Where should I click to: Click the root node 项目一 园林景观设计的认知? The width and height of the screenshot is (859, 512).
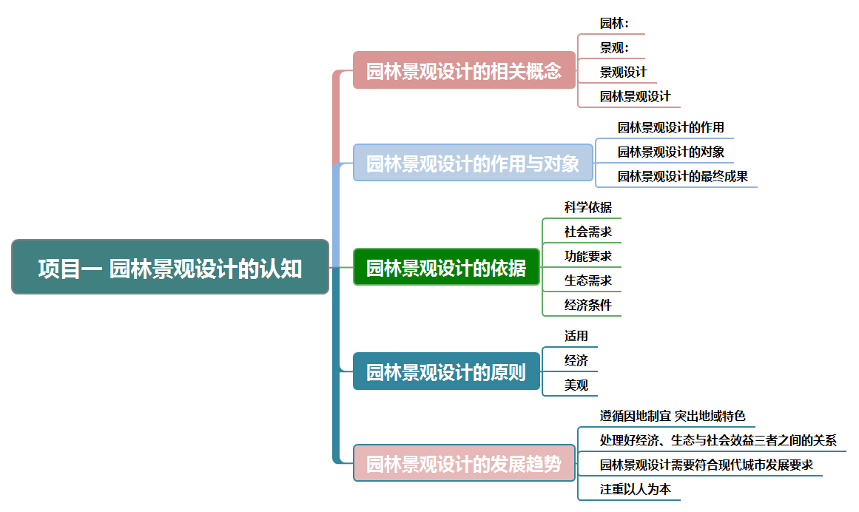point(170,267)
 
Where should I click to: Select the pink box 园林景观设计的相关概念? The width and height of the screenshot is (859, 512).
point(464,70)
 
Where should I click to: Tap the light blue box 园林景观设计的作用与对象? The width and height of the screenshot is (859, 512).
point(473,163)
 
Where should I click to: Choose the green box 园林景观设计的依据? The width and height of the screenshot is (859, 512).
point(446,267)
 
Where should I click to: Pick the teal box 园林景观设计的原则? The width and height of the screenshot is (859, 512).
point(446,371)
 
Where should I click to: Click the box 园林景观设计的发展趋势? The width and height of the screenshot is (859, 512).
point(464,464)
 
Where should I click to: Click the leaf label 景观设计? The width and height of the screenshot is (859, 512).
point(623,72)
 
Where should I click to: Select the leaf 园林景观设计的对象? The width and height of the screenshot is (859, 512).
point(670,152)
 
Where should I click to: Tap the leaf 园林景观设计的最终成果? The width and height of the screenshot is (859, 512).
point(682,176)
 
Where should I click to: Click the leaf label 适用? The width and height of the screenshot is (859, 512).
point(576,336)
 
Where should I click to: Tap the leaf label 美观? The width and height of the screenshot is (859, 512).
point(576,385)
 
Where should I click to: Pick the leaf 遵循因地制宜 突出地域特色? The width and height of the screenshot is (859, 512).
point(673,416)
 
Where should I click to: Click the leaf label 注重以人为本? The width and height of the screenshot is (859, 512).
point(635,489)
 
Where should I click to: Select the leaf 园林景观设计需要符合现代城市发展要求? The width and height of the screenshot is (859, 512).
point(706,465)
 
